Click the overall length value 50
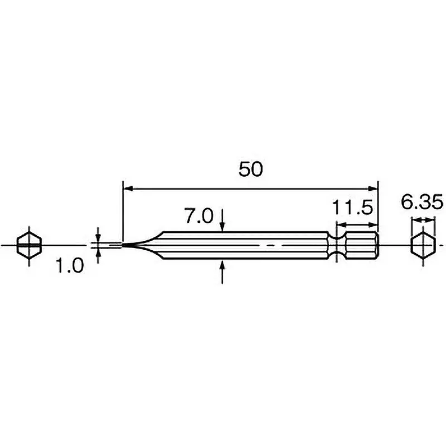(x=250, y=169)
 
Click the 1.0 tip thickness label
(x=70, y=266)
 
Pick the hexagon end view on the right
(x=422, y=245)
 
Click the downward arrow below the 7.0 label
(x=222, y=223)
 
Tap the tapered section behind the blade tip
(x=148, y=245)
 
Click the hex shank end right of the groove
(x=362, y=245)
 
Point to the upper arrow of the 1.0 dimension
(x=98, y=236)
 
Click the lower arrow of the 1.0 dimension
(x=98, y=254)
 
